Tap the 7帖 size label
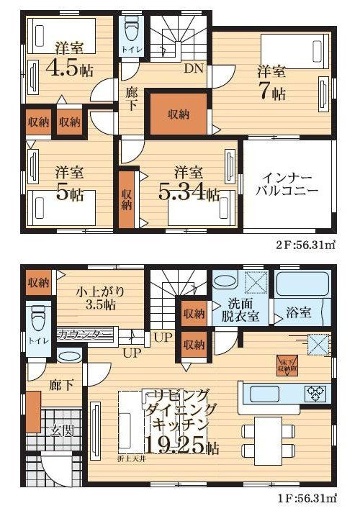tap(273, 93)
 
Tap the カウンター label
tap(84, 334)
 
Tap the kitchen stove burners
tap(315, 393)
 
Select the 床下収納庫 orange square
tap(287, 366)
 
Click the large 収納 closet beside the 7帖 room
tap(179, 114)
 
